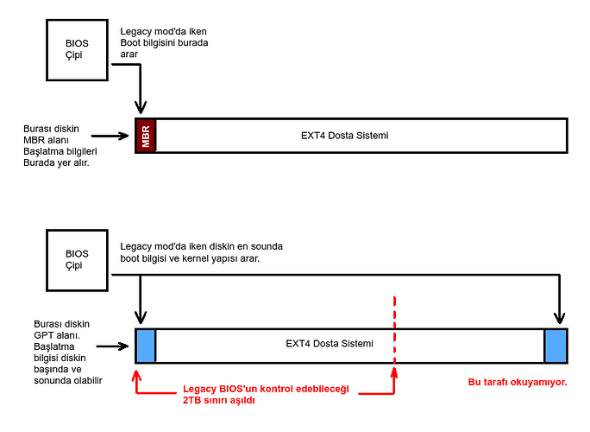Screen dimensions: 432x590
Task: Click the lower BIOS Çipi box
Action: [x=77, y=259]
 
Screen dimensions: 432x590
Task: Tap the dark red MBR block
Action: [x=146, y=136]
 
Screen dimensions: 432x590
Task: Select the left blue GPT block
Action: [x=146, y=344]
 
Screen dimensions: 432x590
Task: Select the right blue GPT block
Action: [x=556, y=344]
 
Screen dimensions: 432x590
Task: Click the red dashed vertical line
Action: [x=394, y=333]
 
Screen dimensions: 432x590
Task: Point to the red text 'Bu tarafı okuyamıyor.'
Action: [x=517, y=381]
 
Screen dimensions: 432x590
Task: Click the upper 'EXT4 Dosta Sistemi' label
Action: [x=358, y=136]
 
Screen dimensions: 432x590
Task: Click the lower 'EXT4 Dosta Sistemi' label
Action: [x=330, y=343]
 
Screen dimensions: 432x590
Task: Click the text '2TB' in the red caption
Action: [x=193, y=401]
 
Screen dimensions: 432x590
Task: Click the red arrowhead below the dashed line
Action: [x=394, y=373]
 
